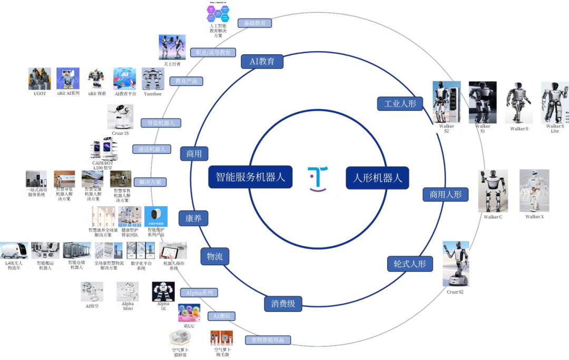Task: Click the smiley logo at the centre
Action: point(318,179)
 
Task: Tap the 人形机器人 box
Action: point(377,178)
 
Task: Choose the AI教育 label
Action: point(262,61)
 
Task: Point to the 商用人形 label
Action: point(445,194)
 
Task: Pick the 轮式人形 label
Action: point(410,263)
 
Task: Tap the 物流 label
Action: point(214,257)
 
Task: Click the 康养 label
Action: point(193,218)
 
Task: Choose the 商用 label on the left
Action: point(194,154)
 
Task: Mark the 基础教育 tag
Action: point(254,23)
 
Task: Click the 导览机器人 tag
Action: point(161,123)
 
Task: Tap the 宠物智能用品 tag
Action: point(268,340)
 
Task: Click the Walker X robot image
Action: point(534,191)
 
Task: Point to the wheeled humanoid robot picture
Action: point(455,264)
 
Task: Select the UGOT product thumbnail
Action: point(40,79)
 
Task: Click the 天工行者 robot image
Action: point(172,47)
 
